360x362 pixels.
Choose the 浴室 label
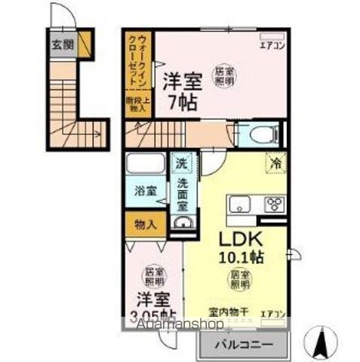(146, 192)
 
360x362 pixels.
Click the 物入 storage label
(145, 224)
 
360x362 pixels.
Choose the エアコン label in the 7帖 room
(270, 44)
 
